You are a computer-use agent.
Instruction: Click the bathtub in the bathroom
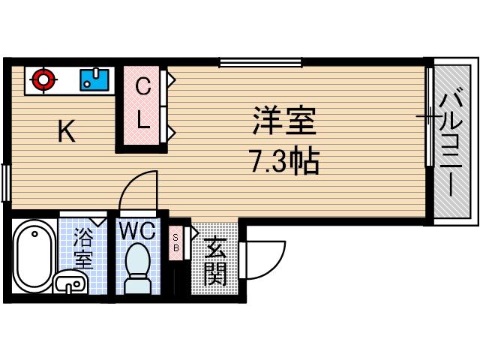pyautogui.click(x=31, y=255)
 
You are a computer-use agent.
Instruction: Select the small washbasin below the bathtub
pyautogui.click(x=70, y=283)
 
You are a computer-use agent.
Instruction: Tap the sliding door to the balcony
pyautogui.click(x=430, y=117)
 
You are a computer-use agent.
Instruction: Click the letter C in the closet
pyautogui.click(x=142, y=88)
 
